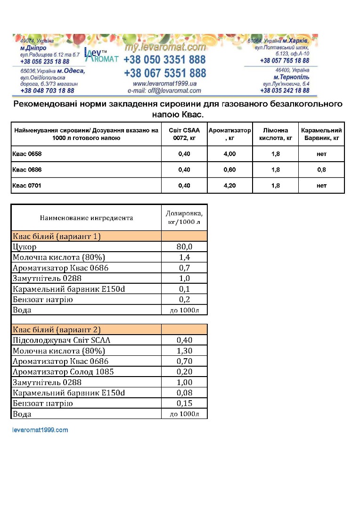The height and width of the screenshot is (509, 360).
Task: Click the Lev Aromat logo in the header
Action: [x=101, y=55]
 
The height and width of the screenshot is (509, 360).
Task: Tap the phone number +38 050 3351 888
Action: [x=164, y=60]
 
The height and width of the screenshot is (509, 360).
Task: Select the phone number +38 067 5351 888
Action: [x=165, y=74]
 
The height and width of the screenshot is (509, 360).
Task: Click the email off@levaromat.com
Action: [x=164, y=90]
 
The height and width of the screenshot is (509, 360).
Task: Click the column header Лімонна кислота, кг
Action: [x=275, y=134]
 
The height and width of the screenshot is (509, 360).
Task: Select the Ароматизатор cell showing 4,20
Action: [x=229, y=186]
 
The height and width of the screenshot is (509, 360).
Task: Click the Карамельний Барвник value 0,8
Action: [x=321, y=170]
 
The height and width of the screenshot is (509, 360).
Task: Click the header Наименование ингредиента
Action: [x=86, y=218]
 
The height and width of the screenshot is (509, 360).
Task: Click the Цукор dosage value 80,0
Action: [x=184, y=246]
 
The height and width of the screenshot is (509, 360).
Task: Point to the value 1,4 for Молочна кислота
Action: [x=184, y=257]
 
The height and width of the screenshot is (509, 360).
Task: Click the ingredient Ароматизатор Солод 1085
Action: [x=63, y=372]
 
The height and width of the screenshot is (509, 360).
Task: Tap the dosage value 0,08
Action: [x=184, y=393]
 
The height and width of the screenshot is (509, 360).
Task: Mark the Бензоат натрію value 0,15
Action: [x=184, y=403]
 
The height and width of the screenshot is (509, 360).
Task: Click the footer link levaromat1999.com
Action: [x=40, y=430]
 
